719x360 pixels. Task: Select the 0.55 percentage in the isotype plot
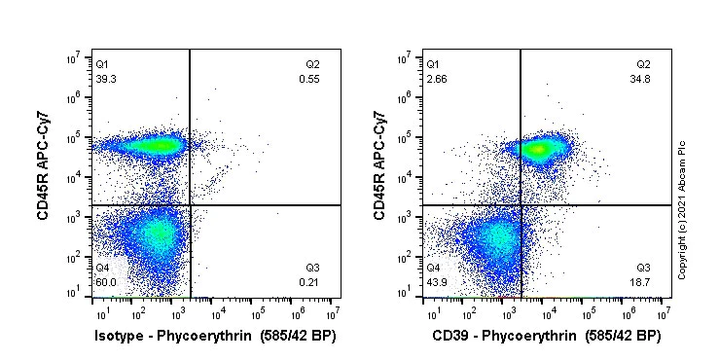(x=309, y=79)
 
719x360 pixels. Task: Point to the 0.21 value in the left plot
(x=309, y=282)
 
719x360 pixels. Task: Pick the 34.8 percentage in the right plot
(x=641, y=79)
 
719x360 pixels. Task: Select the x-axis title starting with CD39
(x=547, y=337)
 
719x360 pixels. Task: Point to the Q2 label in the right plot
(x=643, y=64)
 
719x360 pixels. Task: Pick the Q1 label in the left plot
(x=102, y=64)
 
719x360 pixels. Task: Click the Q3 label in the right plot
(x=643, y=268)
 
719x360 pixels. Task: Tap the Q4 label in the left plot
(x=102, y=268)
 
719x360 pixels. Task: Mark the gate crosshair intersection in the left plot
(x=190, y=205)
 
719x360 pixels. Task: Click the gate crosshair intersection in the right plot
(x=521, y=205)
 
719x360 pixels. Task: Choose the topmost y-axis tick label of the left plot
(x=84, y=58)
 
